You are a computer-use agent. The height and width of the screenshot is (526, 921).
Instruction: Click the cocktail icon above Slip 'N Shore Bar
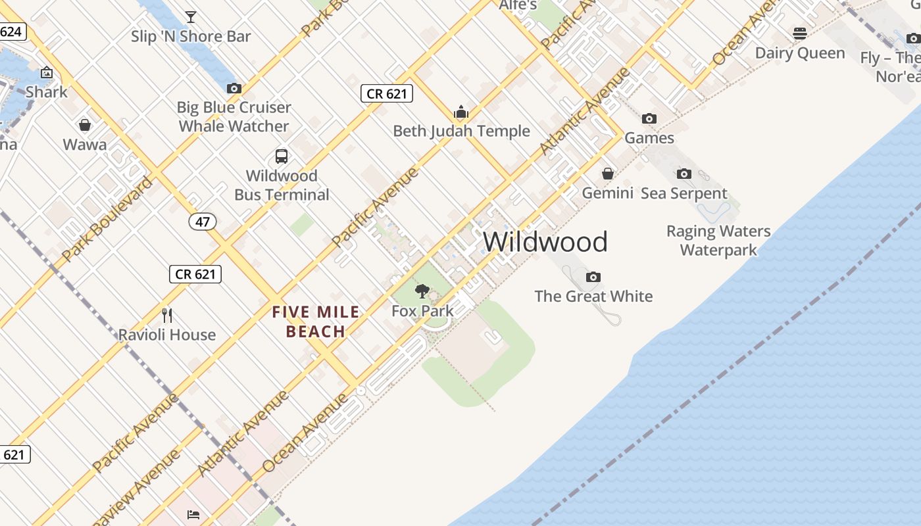click(191, 16)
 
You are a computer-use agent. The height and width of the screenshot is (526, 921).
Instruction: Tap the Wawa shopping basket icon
click(85, 125)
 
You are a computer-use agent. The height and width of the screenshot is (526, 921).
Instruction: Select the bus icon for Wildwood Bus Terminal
click(282, 156)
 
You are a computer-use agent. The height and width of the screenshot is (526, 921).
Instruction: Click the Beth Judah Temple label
click(461, 131)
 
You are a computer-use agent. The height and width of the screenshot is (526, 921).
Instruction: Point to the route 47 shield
click(202, 222)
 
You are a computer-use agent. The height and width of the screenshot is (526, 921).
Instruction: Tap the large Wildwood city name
click(545, 242)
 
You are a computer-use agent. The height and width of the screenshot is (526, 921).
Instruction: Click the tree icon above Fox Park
click(422, 291)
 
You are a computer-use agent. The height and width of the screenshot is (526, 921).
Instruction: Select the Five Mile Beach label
click(316, 322)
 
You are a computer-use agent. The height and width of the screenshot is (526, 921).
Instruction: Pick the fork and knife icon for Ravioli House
click(167, 316)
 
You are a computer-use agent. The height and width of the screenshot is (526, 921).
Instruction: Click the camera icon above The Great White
click(593, 277)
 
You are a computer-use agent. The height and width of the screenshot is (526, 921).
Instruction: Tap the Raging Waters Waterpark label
click(718, 241)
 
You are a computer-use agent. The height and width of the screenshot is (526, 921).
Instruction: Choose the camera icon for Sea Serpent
click(684, 174)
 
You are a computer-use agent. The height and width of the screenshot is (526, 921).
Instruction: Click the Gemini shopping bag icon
click(608, 174)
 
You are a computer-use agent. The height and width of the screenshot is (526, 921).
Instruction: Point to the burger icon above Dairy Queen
click(800, 33)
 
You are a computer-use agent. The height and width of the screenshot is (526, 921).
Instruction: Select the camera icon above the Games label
click(649, 119)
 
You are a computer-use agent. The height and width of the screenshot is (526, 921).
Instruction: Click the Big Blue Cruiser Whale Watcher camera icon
click(234, 88)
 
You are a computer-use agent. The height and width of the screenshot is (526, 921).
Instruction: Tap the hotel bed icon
click(193, 514)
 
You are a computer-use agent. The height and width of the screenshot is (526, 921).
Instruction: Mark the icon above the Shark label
click(47, 72)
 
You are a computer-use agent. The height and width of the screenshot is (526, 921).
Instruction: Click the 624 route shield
click(11, 32)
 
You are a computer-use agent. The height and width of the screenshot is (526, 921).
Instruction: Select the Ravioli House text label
click(167, 335)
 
